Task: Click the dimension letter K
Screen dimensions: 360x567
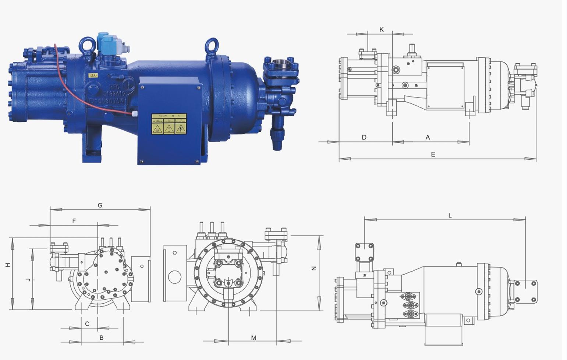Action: pos(382,29)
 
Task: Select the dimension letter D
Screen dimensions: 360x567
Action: pos(364,137)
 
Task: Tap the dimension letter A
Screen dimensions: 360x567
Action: pos(428,137)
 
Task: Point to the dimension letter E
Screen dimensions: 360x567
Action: pos(433,154)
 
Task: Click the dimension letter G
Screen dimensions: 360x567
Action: pos(100,205)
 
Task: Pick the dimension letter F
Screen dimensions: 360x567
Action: pos(74,221)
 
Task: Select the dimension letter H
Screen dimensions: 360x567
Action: pos(8,265)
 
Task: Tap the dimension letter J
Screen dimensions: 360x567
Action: pos(28,280)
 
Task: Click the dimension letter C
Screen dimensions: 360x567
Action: pos(87,324)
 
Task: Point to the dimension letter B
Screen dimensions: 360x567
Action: pos(102,338)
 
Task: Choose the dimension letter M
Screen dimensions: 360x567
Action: pos(254,338)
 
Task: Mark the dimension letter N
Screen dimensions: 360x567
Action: pos(314,268)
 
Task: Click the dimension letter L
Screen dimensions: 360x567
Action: pos(450,215)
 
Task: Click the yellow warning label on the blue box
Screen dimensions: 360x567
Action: pos(169,124)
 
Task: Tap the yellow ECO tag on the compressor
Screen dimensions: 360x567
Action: pos(93,75)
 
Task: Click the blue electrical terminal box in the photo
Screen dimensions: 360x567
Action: pos(170,123)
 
